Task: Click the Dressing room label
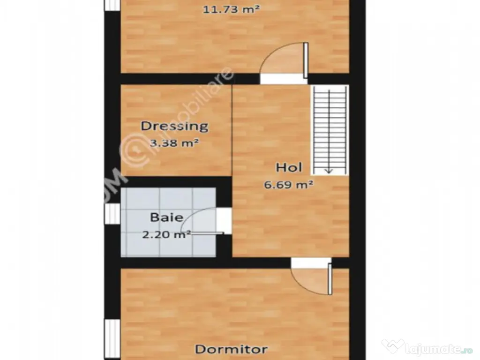tap(175, 126)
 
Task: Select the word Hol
tap(289, 167)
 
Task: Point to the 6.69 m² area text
tap(289, 184)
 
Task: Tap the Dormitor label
tap(231, 349)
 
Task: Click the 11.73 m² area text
tap(231, 8)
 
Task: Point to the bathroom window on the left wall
tap(112, 214)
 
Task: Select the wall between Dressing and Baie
tap(176, 182)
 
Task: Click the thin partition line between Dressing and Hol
tap(232, 131)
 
